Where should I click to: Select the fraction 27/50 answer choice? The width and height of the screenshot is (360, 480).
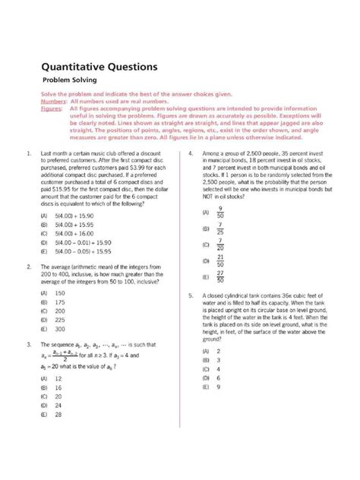point(219,277)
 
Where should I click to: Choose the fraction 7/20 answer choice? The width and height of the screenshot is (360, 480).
point(219,245)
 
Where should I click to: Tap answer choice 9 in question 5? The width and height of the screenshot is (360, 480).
point(218,387)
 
